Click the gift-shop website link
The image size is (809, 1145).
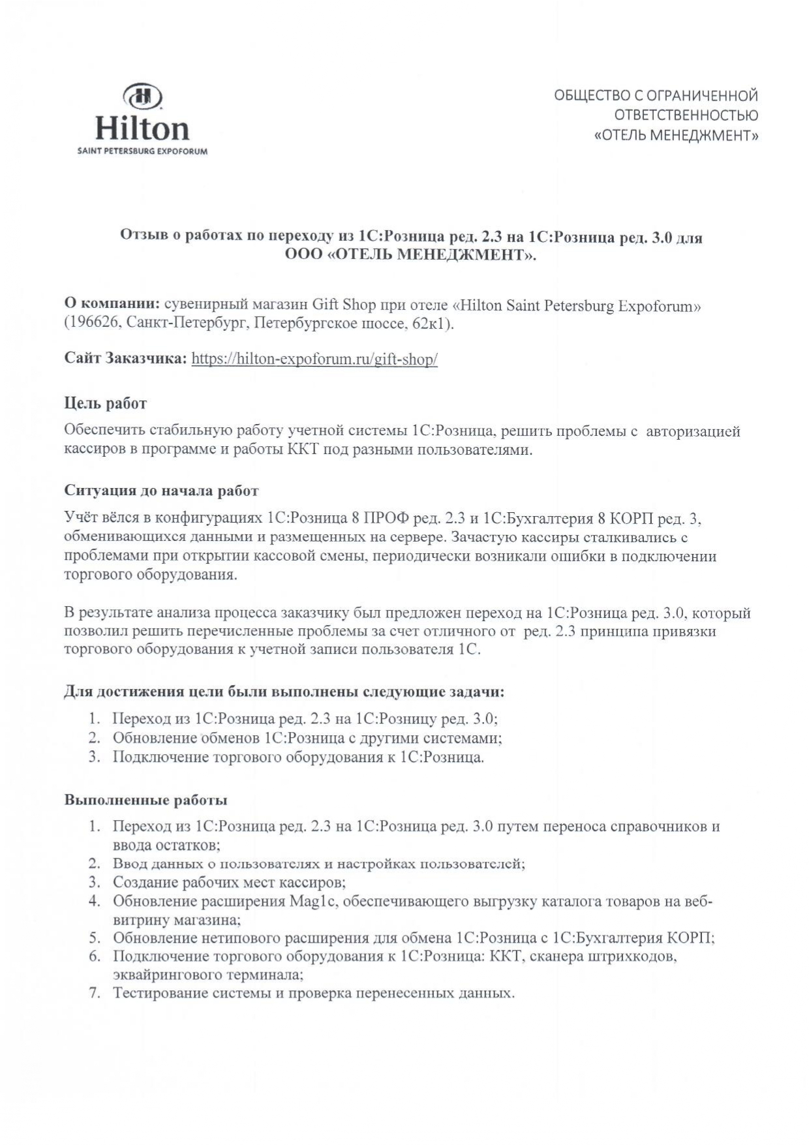(314, 359)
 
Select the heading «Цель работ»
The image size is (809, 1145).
(105, 403)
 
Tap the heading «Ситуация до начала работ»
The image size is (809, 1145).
(161, 491)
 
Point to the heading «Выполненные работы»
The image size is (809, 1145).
(145, 800)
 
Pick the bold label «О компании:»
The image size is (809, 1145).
(112, 305)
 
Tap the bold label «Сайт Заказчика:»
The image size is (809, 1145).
(126, 359)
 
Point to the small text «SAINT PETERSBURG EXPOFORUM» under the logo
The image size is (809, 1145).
(142, 151)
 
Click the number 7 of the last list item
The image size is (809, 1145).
(95, 994)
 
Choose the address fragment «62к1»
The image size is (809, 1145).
(431, 324)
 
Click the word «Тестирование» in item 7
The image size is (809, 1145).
(157, 994)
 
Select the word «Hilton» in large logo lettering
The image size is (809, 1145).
(142, 129)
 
